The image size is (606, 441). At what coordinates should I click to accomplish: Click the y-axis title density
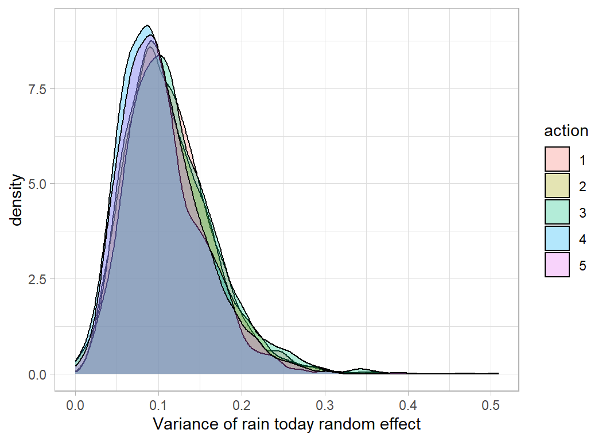click(17, 200)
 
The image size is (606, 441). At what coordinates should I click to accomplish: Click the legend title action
click(566, 131)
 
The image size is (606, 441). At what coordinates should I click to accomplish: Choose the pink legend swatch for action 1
click(557, 159)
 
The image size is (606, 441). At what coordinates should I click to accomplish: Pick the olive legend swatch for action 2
click(557, 185)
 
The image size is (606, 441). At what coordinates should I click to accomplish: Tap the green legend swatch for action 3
click(557, 212)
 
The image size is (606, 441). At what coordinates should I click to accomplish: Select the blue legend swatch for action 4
click(557, 238)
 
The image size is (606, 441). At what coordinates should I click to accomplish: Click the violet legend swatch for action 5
click(557, 265)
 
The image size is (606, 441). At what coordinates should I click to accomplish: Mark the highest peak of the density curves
click(147, 25)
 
